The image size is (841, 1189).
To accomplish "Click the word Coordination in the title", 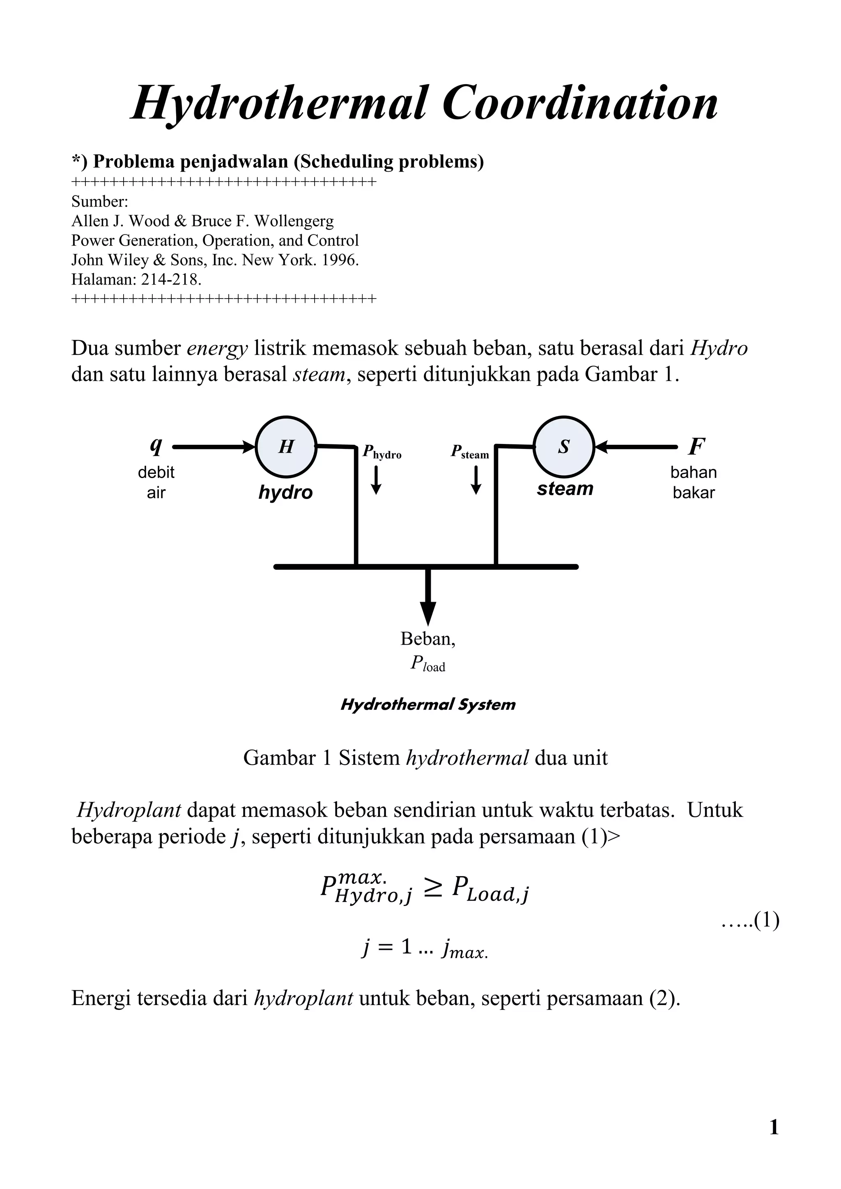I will point(580,103).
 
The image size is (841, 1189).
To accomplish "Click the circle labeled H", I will point(286,446).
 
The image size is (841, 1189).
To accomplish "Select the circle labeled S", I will point(564,446).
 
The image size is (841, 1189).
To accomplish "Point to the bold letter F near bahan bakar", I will point(696,446).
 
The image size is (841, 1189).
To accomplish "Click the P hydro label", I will point(381,452).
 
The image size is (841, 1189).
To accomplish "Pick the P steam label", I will point(470,452).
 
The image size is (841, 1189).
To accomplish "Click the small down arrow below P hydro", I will point(377,481).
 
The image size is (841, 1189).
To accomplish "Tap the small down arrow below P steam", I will point(476,481).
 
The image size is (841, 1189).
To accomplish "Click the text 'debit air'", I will point(156,482).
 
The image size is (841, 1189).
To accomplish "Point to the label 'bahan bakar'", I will point(694,482).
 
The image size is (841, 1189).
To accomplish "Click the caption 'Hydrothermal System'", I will point(428,704).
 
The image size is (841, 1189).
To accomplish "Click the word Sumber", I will point(99,201).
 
